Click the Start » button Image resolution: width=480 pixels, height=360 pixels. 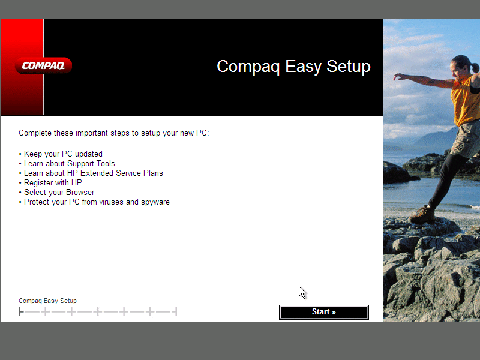coord(324,312)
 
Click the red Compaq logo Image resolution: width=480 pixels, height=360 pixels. coord(43,65)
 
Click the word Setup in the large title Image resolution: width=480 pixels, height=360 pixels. coord(349,67)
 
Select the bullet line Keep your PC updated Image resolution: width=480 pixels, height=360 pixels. coord(63,154)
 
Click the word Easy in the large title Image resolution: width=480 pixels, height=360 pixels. coord(303,67)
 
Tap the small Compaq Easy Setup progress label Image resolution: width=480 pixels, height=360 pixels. coord(47,301)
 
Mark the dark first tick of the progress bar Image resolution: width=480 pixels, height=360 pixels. coord(21,312)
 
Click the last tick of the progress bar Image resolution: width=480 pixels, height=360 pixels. coord(176,312)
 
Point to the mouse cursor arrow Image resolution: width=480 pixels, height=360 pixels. coord(302,292)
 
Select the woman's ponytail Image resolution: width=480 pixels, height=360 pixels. coord(475,67)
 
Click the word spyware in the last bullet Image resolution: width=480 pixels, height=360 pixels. coord(155,202)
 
